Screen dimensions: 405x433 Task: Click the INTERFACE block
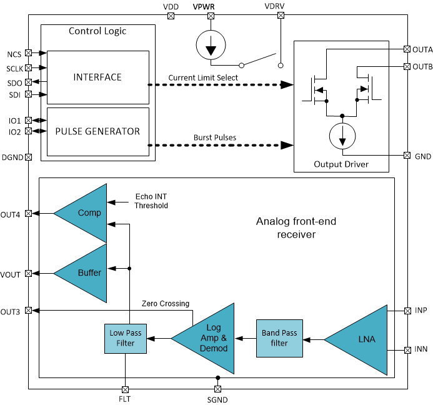click(98, 77)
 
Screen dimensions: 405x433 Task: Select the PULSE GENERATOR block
click(98, 131)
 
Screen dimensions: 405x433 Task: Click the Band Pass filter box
click(279, 338)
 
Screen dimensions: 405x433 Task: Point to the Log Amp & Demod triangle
click(210, 338)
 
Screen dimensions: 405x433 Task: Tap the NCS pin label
click(14, 54)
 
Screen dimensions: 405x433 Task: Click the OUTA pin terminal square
click(407, 49)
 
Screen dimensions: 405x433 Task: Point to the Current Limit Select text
click(202, 77)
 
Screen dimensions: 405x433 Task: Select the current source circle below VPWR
click(211, 46)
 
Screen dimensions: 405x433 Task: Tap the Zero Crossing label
click(166, 303)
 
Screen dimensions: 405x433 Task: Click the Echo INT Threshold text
click(151, 201)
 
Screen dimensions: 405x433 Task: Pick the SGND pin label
click(217, 399)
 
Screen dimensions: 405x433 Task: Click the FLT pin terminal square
click(126, 389)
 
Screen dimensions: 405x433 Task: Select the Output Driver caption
click(341, 164)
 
